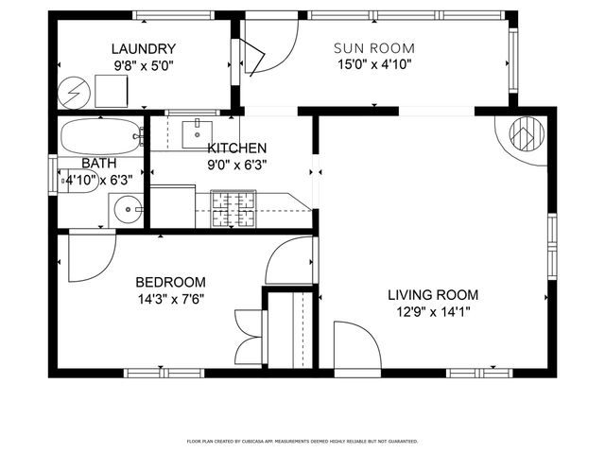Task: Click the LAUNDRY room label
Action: click(x=144, y=49)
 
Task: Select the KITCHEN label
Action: click(x=237, y=148)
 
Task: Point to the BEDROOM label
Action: click(x=170, y=282)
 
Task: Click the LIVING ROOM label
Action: click(x=433, y=294)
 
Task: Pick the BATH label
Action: click(x=97, y=164)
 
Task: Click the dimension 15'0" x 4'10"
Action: click(x=374, y=64)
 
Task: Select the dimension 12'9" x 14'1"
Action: click(x=433, y=310)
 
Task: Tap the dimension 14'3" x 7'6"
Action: click(x=170, y=298)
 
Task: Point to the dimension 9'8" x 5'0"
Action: click(x=144, y=65)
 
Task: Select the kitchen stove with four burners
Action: click(x=233, y=210)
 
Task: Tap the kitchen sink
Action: click(x=198, y=132)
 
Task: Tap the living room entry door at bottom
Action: click(x=357, y=345)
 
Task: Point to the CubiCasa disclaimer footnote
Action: click(x=302, y=441)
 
